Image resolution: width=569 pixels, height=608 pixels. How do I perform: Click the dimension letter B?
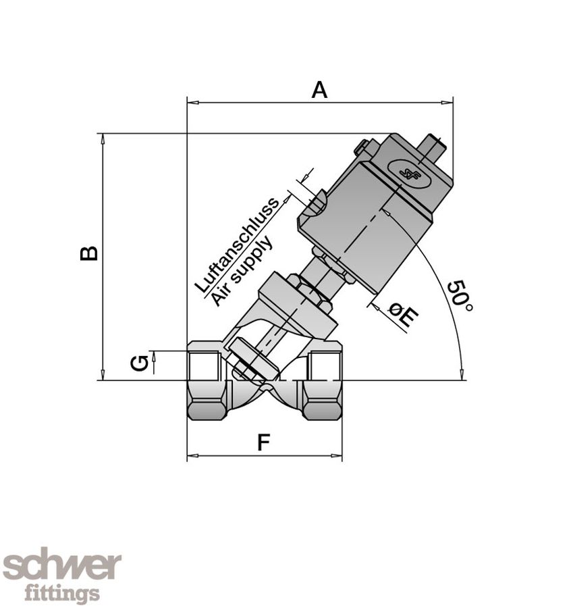[x=89, y=253]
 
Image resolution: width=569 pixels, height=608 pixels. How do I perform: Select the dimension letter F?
[x=264, y=442]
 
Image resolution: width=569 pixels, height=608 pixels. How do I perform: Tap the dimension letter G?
[x=139, y=363]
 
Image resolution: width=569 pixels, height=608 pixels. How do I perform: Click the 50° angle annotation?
[x=460, y=295]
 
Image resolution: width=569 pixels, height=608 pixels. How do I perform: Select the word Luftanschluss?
[x=236, y=245]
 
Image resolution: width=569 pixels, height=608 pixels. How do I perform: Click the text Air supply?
[x=242, y=271]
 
